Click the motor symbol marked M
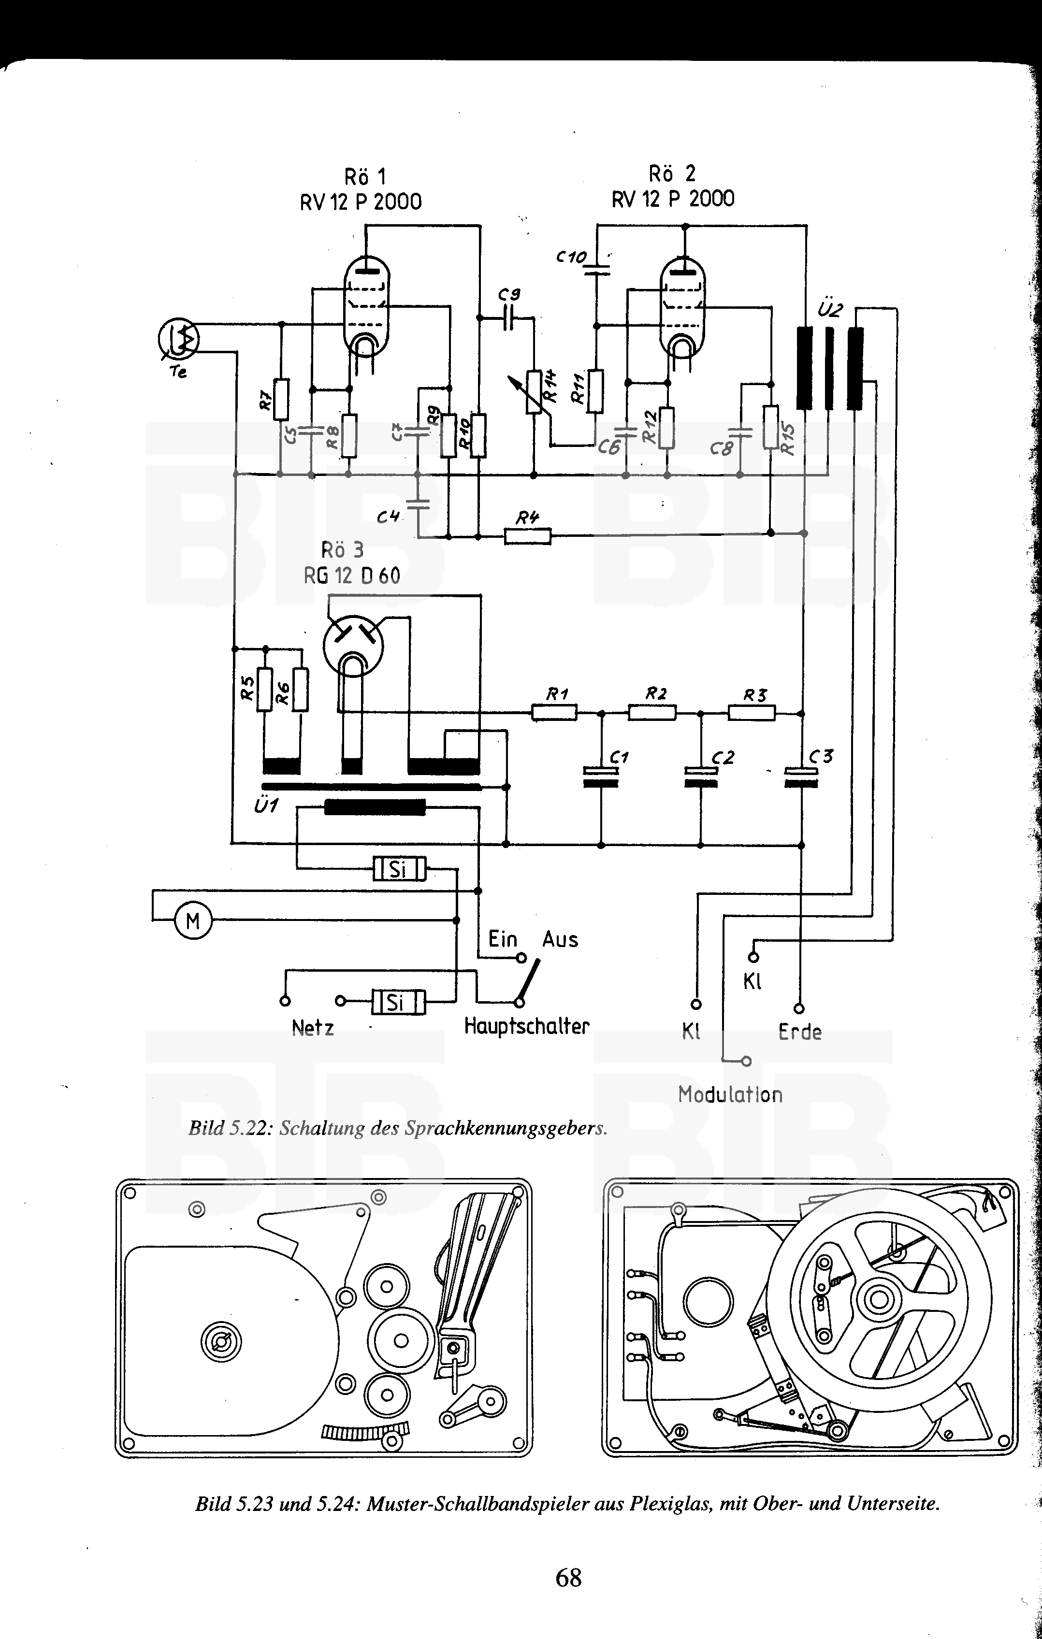[x=193, y=921]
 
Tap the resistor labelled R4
[x=527, y=536]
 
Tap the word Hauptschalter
[x=526, y=1026]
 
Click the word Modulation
[x=730, y=1094]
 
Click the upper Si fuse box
[x=399, y=868]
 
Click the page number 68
[x=568, y=1577]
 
